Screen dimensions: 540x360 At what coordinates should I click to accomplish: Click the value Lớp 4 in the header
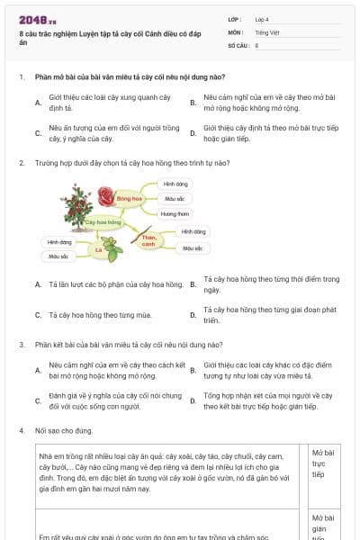(262, 18)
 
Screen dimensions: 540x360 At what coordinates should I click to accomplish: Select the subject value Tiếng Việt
(267, 31)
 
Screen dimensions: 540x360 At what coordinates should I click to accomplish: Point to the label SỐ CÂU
(238, 44)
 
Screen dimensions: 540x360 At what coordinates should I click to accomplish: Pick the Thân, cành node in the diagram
(148, 240)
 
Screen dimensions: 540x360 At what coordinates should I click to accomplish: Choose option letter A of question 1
(38, 103)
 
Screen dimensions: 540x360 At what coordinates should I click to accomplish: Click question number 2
(22, 163)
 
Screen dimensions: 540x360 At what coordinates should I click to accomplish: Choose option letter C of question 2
(38, 316)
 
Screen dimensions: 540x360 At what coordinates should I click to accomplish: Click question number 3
(22, 344)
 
